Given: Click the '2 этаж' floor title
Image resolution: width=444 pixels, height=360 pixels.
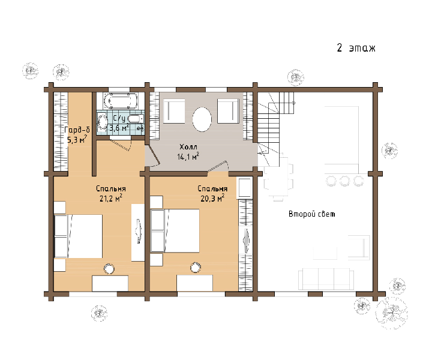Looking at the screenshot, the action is coord(356,48).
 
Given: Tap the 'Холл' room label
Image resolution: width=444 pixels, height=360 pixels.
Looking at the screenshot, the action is coord(188,147).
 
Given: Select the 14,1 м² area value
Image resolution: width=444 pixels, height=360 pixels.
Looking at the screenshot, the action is coord(188,157).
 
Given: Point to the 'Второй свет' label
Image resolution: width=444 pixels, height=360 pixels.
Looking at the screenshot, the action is coord(312,214).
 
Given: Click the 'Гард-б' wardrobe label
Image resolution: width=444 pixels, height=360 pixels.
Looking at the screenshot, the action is coord(77,130).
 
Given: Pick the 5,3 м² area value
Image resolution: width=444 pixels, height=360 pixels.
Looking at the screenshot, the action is coord(77,140).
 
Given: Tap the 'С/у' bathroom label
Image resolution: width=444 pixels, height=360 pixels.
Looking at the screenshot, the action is coord(119,119).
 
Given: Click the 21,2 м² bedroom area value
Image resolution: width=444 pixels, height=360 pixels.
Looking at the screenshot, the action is coord(111,198).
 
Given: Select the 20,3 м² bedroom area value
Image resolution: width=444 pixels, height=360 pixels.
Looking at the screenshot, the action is coord(212,198).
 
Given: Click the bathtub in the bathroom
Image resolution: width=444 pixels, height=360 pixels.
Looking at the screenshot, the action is coord(121,101).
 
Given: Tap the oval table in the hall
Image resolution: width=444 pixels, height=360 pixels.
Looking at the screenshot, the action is coord(202,119).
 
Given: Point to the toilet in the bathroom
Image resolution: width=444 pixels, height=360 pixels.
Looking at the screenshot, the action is coord(136,119).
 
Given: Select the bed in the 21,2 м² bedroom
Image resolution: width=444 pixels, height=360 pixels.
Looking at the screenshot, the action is coord(78,236).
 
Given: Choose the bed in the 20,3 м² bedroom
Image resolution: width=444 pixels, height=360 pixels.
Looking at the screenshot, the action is coord(175,230).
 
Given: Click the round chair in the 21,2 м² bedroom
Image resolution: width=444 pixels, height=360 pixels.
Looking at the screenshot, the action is coord(109,269).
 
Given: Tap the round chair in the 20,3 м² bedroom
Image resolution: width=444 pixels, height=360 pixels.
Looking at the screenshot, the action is coord(196,267).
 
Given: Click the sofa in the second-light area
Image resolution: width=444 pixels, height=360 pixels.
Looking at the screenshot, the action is coord(326,279).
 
